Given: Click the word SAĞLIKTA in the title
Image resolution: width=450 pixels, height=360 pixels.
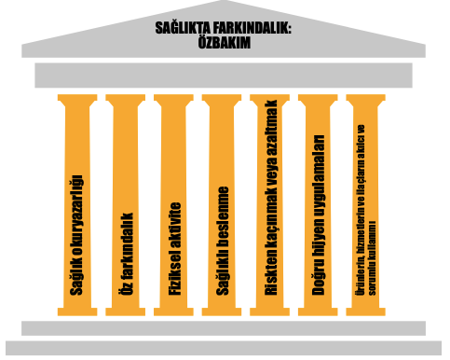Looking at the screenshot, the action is coord(186,28).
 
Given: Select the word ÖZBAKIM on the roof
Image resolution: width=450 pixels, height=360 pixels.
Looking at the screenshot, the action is coord(225,42).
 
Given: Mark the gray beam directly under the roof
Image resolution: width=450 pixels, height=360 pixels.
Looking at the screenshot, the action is coord(225,75).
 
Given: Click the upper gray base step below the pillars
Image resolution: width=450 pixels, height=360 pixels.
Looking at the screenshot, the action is coord(225,327).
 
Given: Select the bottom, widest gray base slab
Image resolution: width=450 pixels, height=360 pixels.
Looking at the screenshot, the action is coord(225,349).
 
